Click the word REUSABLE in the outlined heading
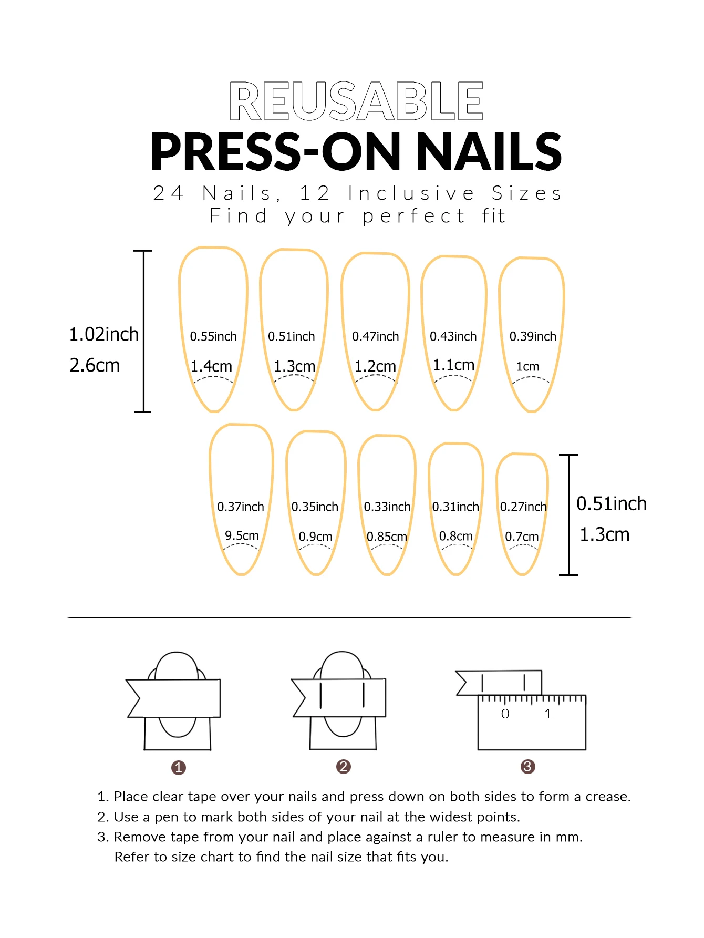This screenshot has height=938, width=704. pos(356,100)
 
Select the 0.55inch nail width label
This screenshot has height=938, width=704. pos(213,336)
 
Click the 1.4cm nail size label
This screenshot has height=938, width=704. pos(211,366)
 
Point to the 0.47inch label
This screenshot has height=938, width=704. pos(376,336)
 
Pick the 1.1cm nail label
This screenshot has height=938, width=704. pos(453,365)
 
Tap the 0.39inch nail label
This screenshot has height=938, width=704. pos(533,336)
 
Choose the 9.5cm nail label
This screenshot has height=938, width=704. pos(242,535)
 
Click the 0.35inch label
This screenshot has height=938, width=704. pos(315,507)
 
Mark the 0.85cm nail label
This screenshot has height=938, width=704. pos(387,537)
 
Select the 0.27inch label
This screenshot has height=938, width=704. pos(523,507)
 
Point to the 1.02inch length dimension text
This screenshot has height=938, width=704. pos(104,334)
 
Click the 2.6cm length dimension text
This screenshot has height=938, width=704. pos(95,365)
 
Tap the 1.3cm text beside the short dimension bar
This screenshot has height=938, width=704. pos(604,534)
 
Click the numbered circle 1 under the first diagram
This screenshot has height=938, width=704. pos(179,768)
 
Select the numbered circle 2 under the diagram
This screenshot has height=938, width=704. pos(344,767)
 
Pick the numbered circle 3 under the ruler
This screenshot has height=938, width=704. pos(528,767)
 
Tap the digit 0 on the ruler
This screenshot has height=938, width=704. pos(505,714)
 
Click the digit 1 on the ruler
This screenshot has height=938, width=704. pos(548,714)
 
